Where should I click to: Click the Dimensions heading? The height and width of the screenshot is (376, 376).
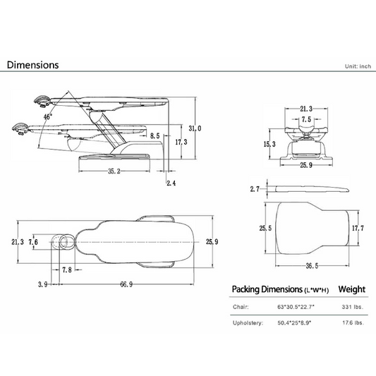(x=33, y=65)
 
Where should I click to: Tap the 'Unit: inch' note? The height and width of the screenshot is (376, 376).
(x=358, y=66)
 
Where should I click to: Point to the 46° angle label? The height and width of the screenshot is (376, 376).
(x=48, y=117)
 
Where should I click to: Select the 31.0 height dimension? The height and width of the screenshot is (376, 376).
(x=195, y=128)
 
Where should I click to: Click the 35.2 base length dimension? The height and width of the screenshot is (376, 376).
(x=114, y=171)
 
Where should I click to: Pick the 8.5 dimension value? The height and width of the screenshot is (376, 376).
(x=155, y=136)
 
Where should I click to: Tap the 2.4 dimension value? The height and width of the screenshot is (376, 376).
(x=171, y=183)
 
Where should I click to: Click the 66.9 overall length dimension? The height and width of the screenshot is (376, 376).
(x=126, y=284)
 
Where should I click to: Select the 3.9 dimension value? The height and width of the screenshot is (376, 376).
(x=43, y=284)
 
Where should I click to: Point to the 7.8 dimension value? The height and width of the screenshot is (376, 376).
(x=67, y=270)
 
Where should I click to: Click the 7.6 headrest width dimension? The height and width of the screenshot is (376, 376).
(x=33, y=242)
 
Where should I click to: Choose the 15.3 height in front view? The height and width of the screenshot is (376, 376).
(x=269, y=144)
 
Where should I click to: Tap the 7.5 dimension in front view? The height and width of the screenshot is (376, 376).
(x=306, y=119)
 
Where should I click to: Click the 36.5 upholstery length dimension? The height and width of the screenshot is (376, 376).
(x=312, y=266)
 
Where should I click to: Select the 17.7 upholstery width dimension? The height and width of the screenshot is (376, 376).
(x=358, y=228)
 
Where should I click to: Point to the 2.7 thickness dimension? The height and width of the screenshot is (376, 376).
(x=255, y=189)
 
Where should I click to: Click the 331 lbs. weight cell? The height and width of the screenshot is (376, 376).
(x=353, y=307)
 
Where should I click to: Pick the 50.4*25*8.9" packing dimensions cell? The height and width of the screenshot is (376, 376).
(x=294, y=323)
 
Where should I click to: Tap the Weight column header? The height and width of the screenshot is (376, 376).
(x=352, y=289)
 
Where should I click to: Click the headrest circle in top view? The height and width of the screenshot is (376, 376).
(x=63, y=235)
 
